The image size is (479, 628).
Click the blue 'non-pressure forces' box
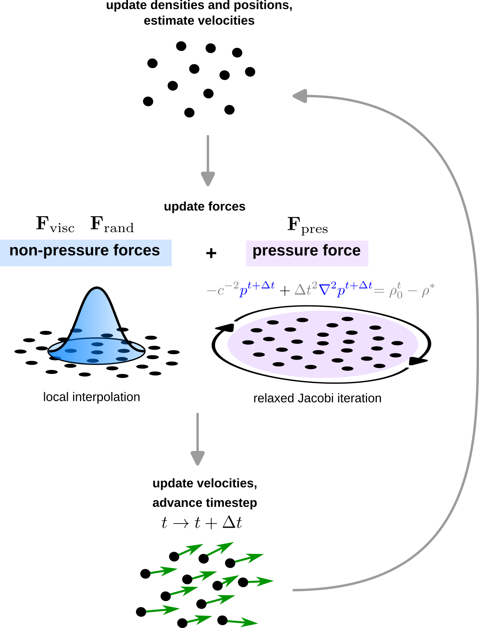86,253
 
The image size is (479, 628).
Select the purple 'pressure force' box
307,253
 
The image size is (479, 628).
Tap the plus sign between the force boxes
211,253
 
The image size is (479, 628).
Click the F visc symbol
55,225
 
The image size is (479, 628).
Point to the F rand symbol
112,225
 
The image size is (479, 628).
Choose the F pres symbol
307,225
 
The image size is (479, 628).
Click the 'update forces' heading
204,207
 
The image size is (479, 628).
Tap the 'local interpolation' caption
91,397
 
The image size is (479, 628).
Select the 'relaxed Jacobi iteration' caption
317,398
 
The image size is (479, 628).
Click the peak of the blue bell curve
97,288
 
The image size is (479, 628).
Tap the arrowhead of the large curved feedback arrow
300,96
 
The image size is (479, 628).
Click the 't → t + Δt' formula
201,523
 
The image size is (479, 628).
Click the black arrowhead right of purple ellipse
417,361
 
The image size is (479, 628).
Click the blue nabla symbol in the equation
324,290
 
